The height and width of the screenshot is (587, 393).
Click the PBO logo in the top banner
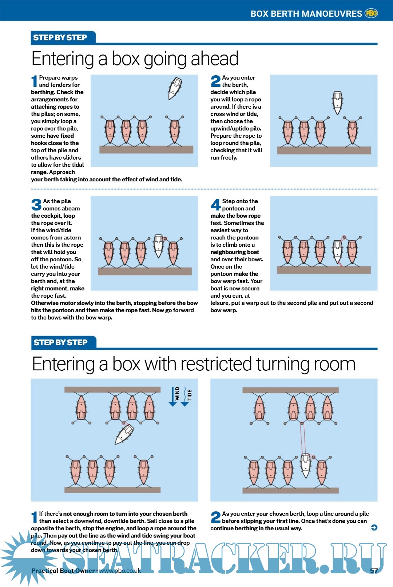(x=371, y=13)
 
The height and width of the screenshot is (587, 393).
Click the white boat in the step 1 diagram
(x=175, y=88)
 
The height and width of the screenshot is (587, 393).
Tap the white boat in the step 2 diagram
(x=337, y=103)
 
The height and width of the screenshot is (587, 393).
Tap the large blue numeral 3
(x=36, y=204)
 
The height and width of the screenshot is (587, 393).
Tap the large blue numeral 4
(x=216, y=204)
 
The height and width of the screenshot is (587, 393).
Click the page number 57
(x=374, y=571)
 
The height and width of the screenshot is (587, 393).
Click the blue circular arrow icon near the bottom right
(x=374, y=527)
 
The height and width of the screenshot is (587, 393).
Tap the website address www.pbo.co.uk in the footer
(x=120, y=571)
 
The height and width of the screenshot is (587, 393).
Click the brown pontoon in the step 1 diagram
(x=146, y=149)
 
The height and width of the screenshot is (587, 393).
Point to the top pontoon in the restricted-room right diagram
(x=290, y=390)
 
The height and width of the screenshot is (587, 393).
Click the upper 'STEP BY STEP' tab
(x=60, y=37)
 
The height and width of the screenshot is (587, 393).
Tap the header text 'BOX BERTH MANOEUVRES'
(x=306, y=14)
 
